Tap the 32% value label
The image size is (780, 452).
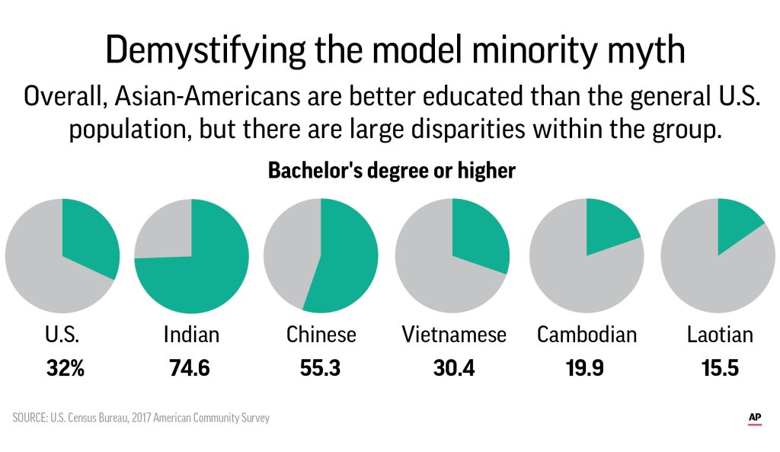65,369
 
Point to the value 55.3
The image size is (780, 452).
320,369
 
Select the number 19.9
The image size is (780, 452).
585,369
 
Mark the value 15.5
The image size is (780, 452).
718,369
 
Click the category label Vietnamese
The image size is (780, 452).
454,335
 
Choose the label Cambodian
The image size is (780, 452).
587,335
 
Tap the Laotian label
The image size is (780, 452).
718,335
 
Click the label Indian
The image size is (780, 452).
191,335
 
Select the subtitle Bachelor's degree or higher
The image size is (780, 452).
392,171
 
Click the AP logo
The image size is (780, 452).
755,418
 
